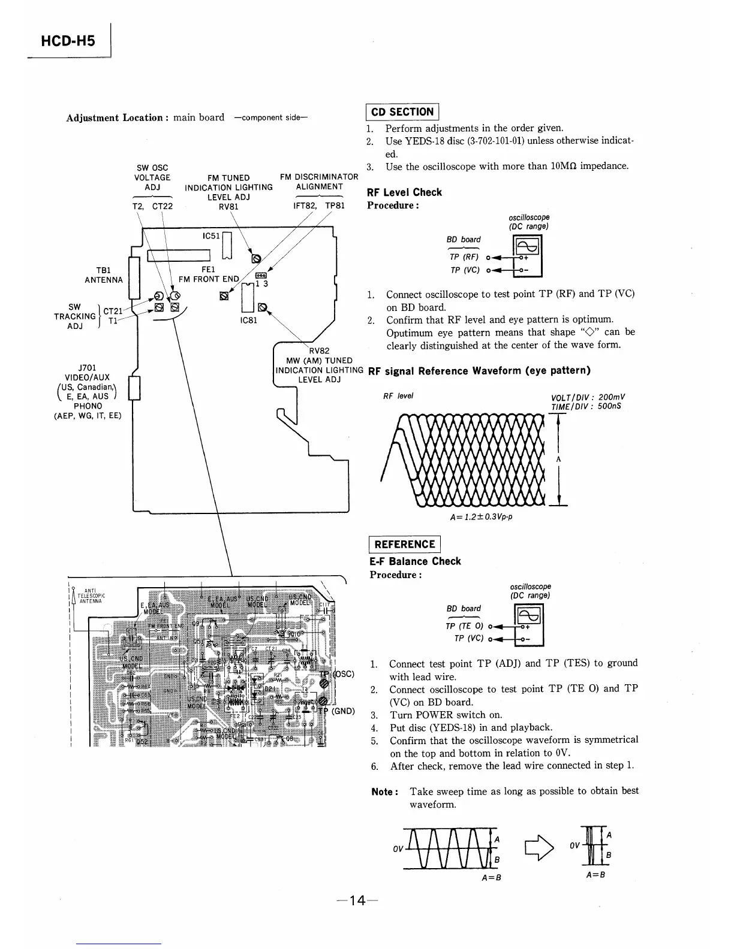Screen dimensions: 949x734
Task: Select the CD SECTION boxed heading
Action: pos(402,112)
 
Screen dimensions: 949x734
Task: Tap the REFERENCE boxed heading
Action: pos(404,544)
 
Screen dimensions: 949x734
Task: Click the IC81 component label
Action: pos(248,321)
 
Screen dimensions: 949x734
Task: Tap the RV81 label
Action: pos(229,207)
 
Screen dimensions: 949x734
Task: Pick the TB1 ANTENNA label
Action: pos(103,275)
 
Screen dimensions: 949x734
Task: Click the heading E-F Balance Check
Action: pos(415,561)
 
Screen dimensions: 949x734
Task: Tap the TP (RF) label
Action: pos(464,257)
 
